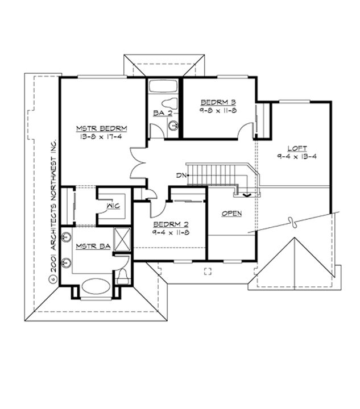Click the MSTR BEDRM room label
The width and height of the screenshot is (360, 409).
[101, 128]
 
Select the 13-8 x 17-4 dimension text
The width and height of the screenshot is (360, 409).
[101, 136]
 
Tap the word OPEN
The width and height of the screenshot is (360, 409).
[231, 214]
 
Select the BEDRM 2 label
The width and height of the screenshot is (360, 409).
[169, 223]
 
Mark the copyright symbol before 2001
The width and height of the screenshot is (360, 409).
[52, 279]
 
